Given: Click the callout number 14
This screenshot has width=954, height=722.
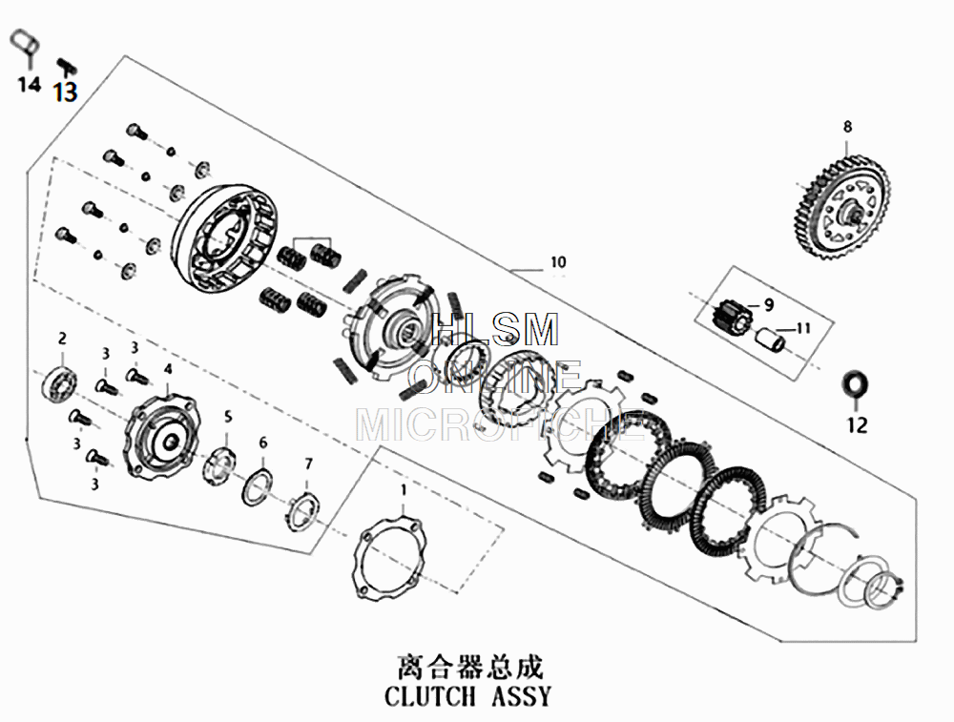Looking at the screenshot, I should tap(29, 85).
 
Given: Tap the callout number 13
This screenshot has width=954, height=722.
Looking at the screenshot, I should tap(65, 92).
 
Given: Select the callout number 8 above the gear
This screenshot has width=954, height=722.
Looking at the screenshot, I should tap(847, 126).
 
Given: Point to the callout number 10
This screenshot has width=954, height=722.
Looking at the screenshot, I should tap(558, 261).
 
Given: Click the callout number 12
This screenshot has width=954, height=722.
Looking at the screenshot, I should tap(858, 425).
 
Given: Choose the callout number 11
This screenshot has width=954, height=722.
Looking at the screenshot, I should tap(802, 328).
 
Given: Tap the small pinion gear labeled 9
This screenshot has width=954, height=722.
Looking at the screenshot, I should tap(732, 316).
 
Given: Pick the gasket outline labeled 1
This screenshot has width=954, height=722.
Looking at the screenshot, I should tap(388, 561).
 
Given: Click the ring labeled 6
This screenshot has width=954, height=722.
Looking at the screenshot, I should tap(259, 485).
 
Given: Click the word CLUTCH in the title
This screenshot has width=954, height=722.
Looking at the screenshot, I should tap(429, 695).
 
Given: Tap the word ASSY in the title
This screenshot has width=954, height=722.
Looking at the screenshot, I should tap(520, 695).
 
